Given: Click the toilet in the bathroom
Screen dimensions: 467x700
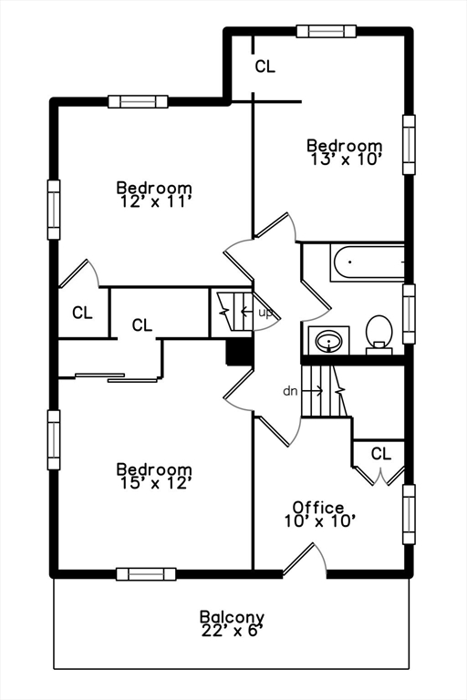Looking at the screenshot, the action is pos(379,335).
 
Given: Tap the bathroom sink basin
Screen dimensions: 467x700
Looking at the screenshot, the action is pos(328,342).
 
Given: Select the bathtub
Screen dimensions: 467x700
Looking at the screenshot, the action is pos(368,262).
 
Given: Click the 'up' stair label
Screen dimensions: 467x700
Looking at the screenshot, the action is pos(265,313).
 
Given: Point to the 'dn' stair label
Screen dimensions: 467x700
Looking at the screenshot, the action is pos(290,392).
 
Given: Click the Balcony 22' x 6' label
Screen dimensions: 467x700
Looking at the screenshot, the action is pos(232,623).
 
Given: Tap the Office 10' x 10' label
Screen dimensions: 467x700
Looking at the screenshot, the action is pos(319,514).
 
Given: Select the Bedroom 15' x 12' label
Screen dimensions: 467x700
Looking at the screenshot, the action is pos(154,476).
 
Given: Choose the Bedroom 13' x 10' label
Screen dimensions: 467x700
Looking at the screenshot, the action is pos(345,152).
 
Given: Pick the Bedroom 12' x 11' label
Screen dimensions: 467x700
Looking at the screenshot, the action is pos(154,194).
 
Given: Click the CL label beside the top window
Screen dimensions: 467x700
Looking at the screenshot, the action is pos(265,67).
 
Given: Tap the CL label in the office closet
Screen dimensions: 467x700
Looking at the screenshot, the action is pos(380,454).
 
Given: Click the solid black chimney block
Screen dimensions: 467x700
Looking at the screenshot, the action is pos(240,352).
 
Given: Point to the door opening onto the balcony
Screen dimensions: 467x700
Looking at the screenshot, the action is pos(305,559).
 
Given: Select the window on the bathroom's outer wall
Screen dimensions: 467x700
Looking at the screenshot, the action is pos(409,314).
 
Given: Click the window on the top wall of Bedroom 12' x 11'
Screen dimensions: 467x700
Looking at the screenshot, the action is pos(138,102).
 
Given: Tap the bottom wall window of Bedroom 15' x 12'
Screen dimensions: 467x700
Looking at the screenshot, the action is pos(146,574).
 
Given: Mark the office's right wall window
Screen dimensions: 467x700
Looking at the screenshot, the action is pos(409,514).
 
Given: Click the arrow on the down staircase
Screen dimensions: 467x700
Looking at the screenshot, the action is pos(312,391).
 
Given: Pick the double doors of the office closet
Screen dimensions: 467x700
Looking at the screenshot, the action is pos(379,476).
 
